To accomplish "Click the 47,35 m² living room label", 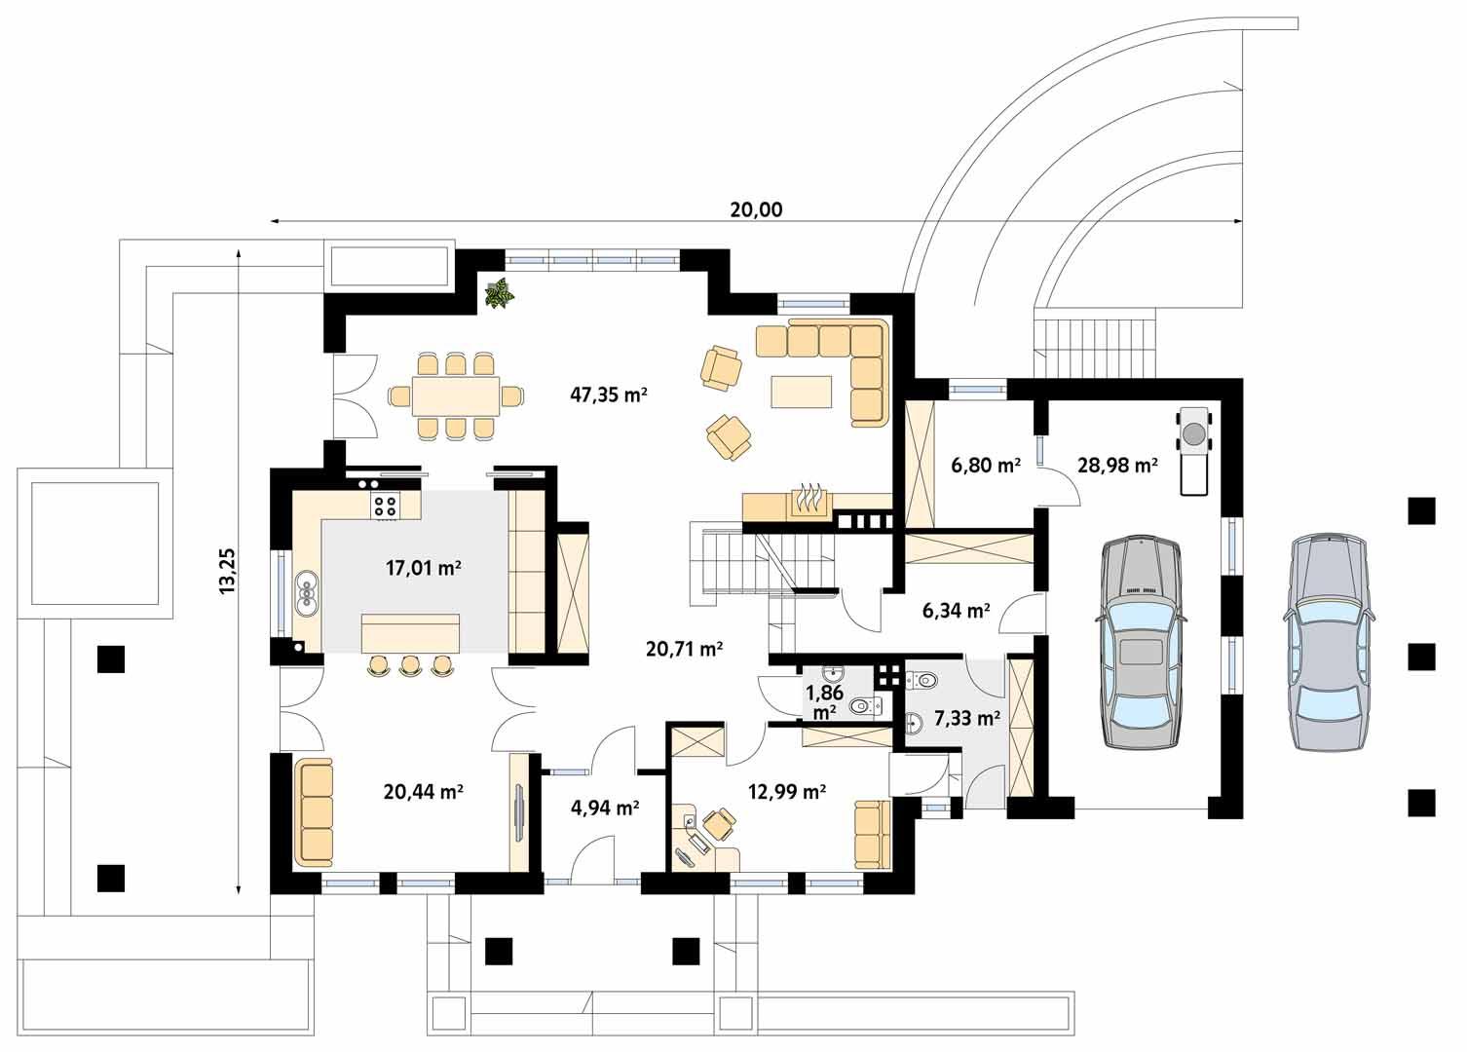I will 609,394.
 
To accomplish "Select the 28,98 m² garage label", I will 1117,466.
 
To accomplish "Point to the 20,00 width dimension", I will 756,209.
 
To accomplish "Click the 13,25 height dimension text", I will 228,571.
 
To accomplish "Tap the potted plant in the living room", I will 501,292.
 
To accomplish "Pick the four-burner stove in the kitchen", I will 384,505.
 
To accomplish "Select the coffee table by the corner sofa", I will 802,392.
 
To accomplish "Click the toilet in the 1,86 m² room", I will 861,706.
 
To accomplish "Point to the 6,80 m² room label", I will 985,466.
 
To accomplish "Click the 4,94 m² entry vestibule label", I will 604,807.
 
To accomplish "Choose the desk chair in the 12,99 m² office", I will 719,823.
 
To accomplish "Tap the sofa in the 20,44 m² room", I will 314,812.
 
